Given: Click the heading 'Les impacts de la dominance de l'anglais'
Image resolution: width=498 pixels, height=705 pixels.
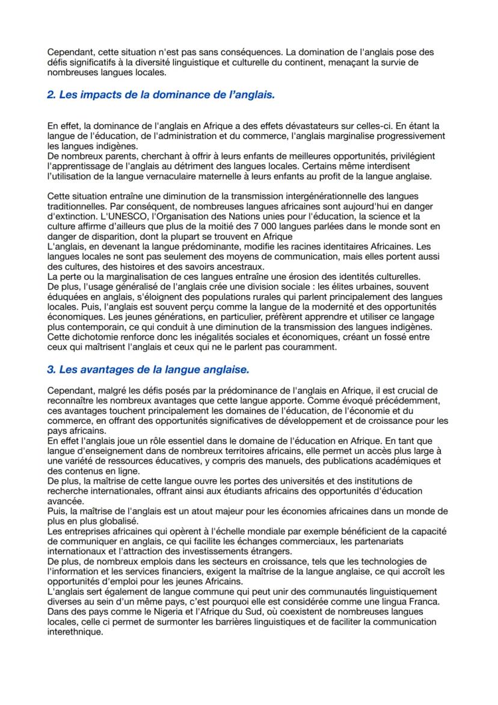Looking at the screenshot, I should [161, 95].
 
